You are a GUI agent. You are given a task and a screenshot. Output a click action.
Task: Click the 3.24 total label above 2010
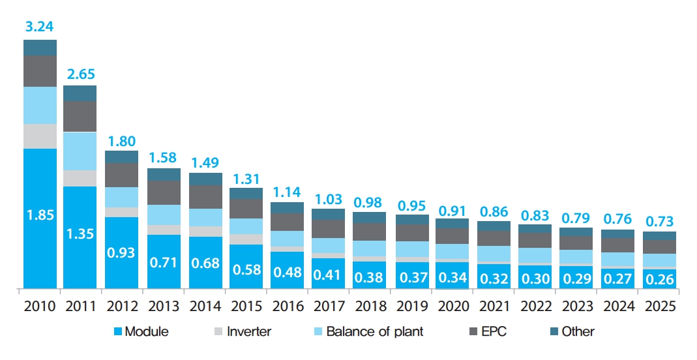(x=40, y=27)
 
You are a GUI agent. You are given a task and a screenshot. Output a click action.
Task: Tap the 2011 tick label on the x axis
(x=80, y=305)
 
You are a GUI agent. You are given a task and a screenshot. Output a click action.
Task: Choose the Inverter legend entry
(x=243, y=331)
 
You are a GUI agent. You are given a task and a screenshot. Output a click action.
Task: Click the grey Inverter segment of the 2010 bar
(x=40, y=136)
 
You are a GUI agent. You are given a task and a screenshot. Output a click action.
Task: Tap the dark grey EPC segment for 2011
(x=80, y=116)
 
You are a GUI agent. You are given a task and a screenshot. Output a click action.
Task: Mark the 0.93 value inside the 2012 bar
(x=121, y=252)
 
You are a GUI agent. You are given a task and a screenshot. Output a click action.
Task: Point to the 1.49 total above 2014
(x=205, y=161)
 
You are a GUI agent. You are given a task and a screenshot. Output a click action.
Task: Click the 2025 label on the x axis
(x=659, y=305)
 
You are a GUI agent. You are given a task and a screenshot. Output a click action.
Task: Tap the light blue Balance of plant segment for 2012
(x=121, y=197)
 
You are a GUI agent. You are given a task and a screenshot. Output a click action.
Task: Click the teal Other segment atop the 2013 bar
(x=164, y=174)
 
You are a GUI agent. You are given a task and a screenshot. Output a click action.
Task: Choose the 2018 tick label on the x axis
(x=370, y=305)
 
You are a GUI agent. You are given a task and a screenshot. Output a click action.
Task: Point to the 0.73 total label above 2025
(x=659, y=220)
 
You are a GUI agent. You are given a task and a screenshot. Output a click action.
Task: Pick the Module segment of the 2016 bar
(x=288, y=269)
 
